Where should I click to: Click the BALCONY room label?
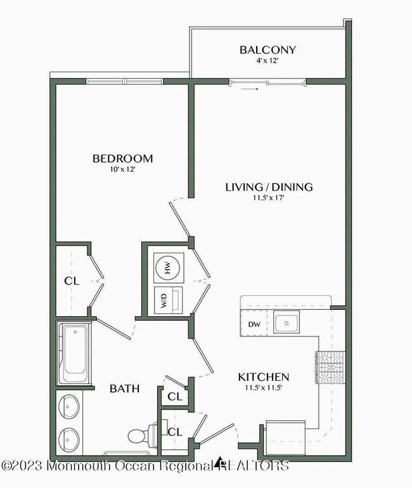point(267,50)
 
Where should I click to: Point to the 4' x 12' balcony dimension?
point(267,62)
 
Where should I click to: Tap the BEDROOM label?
point(122,158)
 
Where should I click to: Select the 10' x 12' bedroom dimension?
point(122,170)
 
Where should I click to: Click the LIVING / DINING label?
point(269,187)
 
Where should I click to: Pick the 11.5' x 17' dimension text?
point(269,198)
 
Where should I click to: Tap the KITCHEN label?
point(264,376)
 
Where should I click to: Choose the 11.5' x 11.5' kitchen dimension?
point(264,387)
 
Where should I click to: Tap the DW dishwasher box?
point(254,324)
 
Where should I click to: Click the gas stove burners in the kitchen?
point(330,368)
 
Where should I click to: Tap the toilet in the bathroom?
point(139,435)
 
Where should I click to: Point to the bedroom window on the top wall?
point(124,81)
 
